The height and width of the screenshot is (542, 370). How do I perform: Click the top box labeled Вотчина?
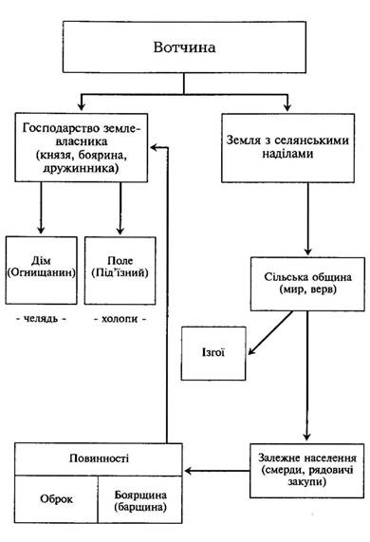coord(184,47)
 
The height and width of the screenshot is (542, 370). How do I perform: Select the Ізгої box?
coord(213,353)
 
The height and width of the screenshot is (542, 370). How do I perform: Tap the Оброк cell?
coord(56,499)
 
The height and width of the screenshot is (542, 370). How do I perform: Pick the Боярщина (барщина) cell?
coord(140,499)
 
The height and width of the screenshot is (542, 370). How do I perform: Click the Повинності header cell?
coord(99,459)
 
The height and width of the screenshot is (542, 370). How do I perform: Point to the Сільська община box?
coord(307,284)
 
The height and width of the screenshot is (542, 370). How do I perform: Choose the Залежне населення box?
coord(306,471)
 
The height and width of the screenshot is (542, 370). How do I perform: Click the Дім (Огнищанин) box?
coord(41,271)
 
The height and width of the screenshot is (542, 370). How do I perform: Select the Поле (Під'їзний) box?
coord(120,271)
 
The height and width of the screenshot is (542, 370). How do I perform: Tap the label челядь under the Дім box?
coord(41,319)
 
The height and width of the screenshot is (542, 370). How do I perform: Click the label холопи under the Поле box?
coord(120,319)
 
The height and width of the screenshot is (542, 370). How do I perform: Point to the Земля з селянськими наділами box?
coord(287,148)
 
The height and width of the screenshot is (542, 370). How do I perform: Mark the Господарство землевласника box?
coord(82,147)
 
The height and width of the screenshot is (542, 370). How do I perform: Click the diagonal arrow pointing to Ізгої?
coord(270,333)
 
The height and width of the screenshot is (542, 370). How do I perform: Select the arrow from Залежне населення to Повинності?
coord(217,471)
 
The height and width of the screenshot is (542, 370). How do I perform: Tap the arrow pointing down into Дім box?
coord(41,208)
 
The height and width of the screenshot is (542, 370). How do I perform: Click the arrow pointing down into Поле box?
coord(120,209)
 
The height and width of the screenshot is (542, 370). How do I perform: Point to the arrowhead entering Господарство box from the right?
coord(155,147)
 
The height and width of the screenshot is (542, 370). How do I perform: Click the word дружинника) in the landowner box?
coord(82,168)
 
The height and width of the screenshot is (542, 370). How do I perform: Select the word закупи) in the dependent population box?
coord(306,482)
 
